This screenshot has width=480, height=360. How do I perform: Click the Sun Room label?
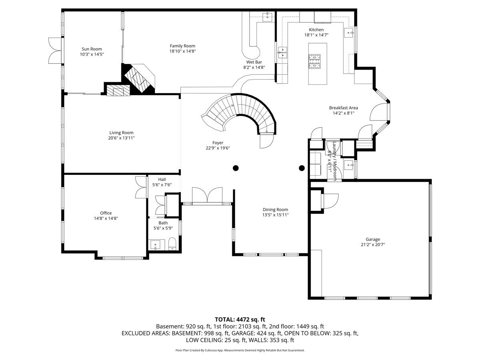pyautogui.click(x=92, y=49)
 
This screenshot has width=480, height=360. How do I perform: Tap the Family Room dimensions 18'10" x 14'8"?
pyautogui.click(x=182, y=51)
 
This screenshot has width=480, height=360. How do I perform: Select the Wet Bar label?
pyautogui.click(x=254, y=62)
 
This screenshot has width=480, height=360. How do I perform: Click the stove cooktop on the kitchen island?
pyautogui.click(x=314, y=61)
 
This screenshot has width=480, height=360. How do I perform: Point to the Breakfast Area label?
pyautogui.click(x=343, y=108)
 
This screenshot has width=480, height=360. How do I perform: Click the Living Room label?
pyautogui.click(x=121, y=133)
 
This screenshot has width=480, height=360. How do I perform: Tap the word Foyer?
pyautogui.click(x=218, y=143)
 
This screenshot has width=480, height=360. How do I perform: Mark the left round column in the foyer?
pyautogui.click(x=236, y=168)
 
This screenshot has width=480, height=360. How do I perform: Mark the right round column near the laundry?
pyautogui.click(x=302, y=168)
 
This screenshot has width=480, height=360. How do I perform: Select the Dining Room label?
pyautogui.click(x=275, y=210)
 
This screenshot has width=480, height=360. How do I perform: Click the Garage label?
pyautogui.click(x=373, y=239)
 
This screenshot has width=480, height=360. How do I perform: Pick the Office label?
pyautogui.click(x=106, y=213)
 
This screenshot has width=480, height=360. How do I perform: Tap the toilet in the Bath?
pyautogui.click(x=172, y=244)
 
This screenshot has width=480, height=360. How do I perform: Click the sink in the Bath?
pyautogui.click(x=155, y=245)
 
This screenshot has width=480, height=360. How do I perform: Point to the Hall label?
pyautogui.click(x=162, y=180)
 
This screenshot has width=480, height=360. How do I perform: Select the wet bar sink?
pyautogui.click(x=267, y=17)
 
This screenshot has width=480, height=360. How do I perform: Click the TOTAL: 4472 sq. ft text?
pyautogui.click(x=240, y=320)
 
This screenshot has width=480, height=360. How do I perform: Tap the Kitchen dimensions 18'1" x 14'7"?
pyautogui.click(x=316, y=35)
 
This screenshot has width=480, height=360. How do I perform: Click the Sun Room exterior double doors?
pyautogui.click(x=55, y=51)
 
